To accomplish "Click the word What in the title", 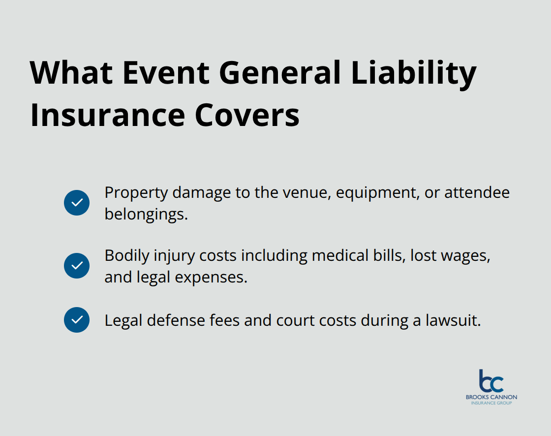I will (x=70, y=72).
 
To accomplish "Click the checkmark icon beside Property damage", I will (x=77, y=203).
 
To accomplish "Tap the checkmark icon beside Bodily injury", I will (x=77, y=266).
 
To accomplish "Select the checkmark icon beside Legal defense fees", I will (x=77, y=320).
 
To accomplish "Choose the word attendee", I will (x=477, y=192).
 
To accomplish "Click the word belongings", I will (x=146, y=215).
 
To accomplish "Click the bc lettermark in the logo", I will (x=491, y=381).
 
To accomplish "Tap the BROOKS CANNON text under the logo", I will (x=491, y=397).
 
